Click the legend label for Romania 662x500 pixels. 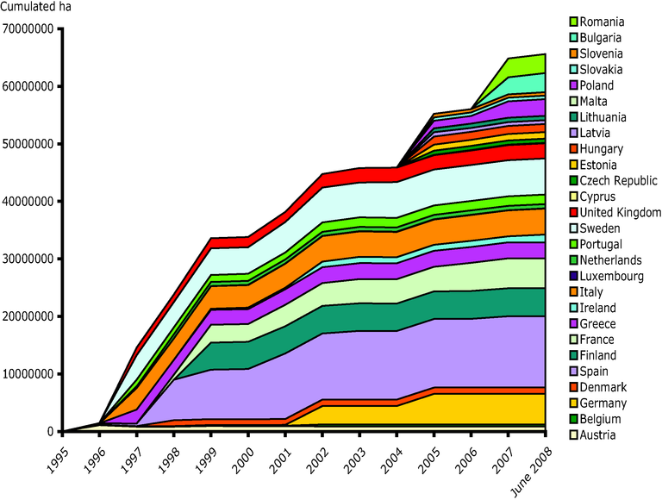(x=603, y=22)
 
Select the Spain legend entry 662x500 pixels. (x=596, y=372)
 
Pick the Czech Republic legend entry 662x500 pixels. (x=619, y=180)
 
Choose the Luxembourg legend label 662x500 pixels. (x=613, y=276)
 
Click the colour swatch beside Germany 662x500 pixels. (x=572, y=403)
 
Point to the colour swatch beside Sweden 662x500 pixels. (x=572, y=228)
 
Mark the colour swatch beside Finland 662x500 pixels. (x=572, y=356)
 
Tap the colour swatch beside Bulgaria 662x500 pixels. (x=572, y=38)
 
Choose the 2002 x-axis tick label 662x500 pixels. (x=318, y=455)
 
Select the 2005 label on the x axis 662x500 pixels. (x=432, y=455)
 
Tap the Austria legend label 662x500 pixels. (x=598, y=435)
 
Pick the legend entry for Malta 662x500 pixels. (x=596, y=101)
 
